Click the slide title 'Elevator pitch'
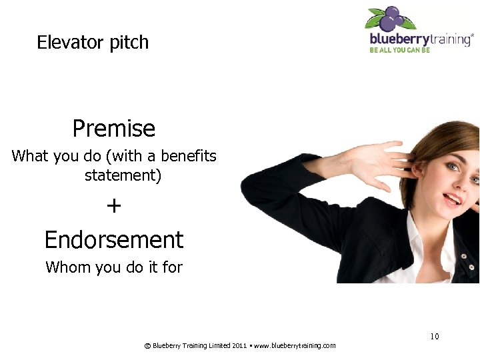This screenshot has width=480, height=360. [x=93, y=43]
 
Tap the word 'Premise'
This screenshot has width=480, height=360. [x=113, y=128]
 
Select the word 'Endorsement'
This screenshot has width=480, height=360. [x=113, y=239]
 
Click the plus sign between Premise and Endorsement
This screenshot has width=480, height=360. [x=114, y=206]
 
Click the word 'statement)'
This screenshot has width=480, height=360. [x=123, y=176]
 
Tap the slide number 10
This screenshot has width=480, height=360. [x=434, y=337]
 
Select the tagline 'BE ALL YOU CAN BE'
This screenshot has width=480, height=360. [x=400, y=50]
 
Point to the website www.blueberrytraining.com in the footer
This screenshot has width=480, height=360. [x=295, y=345]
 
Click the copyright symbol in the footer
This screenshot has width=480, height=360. [x=147, y=345]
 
